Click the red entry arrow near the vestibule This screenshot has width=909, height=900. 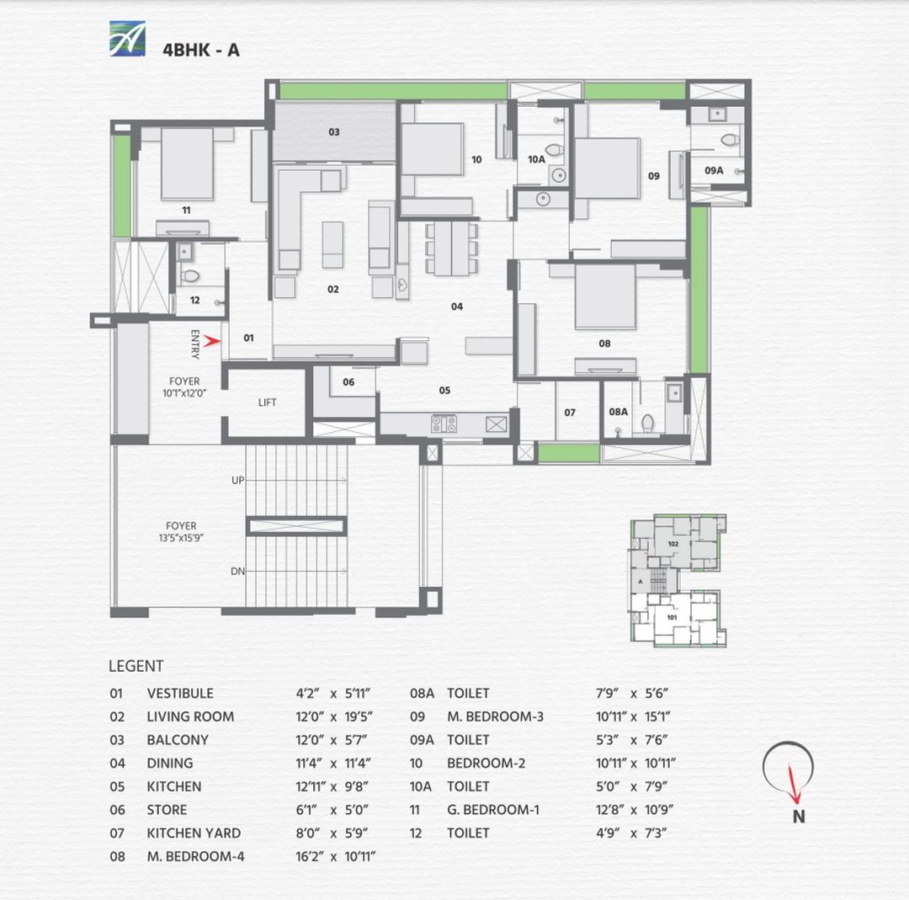(x=212, y=340)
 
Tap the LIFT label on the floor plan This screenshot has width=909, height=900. (x=268, y=402)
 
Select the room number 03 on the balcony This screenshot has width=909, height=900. (x=334, y=132)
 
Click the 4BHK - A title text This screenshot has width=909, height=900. (x=200, y=50)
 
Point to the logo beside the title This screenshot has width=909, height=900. (x=127, y=39)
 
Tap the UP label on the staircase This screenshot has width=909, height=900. (x=237, y=480)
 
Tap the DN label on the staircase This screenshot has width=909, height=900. (x=237, y=572)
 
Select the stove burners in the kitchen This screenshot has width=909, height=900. (x=444, y=423)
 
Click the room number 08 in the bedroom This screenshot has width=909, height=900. (x=604, y=343)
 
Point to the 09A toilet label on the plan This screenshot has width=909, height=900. (x=714, y=170)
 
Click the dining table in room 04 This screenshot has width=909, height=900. (x=451, y=248)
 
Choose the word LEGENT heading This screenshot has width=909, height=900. (x=136, y=666)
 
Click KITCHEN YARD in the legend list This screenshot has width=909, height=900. (x=194, y=833)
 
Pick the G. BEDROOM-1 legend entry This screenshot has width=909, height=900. (x=493, y=810)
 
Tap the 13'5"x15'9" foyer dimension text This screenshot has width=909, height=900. (x=181, y=536)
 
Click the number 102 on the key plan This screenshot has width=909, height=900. (x=672, y=544)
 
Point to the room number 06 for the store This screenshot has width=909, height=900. (x=348, y=382)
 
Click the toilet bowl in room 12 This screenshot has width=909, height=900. (x=190, y=275)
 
